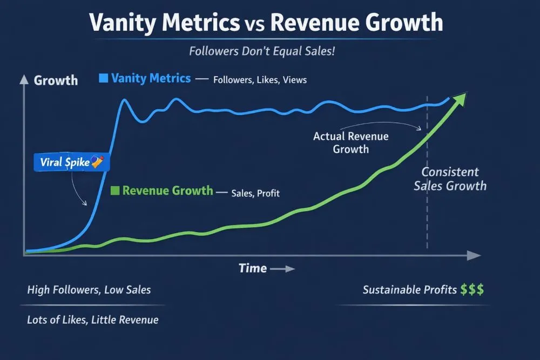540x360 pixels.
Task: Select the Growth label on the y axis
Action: [x=56, y=80]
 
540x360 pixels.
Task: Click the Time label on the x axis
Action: [x=253, y=268]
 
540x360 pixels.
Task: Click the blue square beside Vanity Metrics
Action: [x=104, y=79]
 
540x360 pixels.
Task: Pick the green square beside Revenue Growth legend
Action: [x=114, y=191]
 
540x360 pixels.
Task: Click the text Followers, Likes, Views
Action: [x=260, y=80]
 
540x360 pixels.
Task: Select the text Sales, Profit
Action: [x=255, y=193]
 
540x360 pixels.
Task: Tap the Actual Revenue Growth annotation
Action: [x=350, y=143]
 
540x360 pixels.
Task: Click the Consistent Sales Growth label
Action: [x=450, y=179]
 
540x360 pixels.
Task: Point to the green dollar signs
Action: [x=473, y=290]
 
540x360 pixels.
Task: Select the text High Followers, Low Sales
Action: [x=89, y=290]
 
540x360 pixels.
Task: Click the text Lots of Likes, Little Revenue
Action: [x=93, y=320]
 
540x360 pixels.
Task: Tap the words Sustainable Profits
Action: [x=409, y=290]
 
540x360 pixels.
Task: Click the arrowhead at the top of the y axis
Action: [x=23, y=80]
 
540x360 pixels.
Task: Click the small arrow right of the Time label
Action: [x=282, y=269]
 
